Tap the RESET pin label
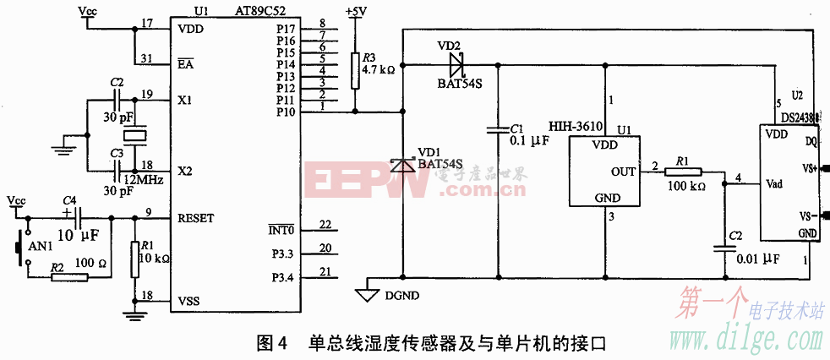[x=196, y=218]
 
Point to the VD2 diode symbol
[x=456, y=63]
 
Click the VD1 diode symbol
[x=404, y=166]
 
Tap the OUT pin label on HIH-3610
[x=623, y=172]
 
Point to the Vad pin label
[x=777, y=183]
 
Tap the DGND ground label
[x=401, y=295]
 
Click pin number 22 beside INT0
[x=325, y=224]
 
